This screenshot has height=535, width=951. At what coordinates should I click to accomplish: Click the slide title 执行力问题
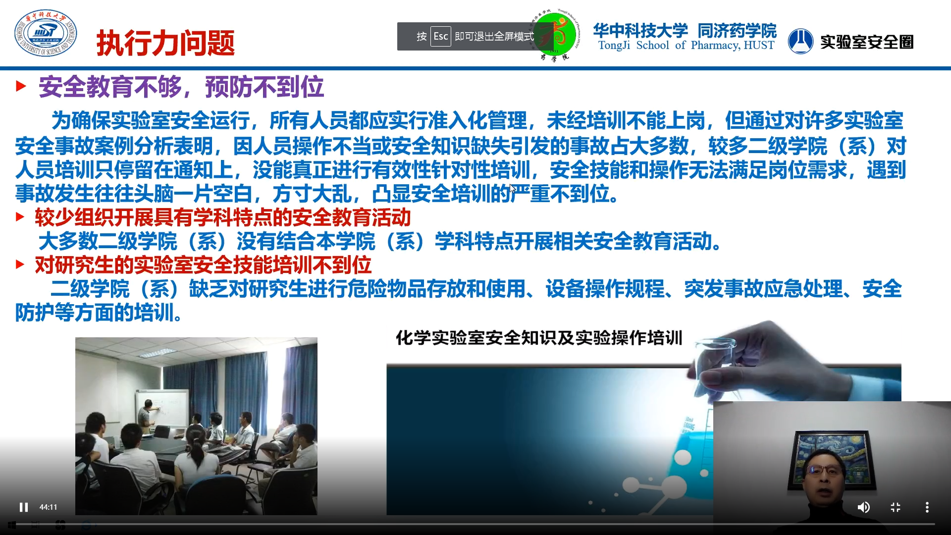pos(165,43)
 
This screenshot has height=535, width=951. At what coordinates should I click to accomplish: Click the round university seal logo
pos(46,33)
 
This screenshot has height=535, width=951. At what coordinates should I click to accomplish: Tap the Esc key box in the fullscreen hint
pos(440,36)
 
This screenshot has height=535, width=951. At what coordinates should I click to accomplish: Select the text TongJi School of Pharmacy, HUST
pos(686,45)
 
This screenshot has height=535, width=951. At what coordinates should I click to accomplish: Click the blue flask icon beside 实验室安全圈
pos(800,41)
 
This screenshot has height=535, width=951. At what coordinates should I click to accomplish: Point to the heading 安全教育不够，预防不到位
pos(181,87)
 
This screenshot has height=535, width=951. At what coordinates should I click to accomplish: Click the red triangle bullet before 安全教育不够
pos(21,86)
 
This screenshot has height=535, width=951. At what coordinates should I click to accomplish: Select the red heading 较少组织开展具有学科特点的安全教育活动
pos(223,217)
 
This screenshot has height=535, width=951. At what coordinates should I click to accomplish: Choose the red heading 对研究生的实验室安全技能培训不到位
pos(203,265)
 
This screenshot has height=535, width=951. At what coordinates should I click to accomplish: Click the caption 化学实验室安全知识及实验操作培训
pos(539,338)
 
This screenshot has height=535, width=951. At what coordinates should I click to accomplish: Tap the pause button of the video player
pos(23,507)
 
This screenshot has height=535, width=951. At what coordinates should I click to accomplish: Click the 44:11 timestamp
pos(48,507)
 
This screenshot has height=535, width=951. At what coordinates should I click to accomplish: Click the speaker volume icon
pos(863,507)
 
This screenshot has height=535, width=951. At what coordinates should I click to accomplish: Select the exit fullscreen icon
pos(896,507)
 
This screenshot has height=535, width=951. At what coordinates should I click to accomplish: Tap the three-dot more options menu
pos(927,507)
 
